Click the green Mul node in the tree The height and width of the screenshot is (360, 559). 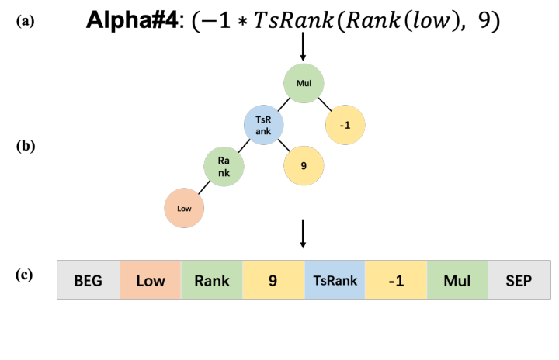point(304,82)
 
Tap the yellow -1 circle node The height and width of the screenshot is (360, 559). point(345,125)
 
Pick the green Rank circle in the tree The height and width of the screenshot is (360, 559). point(224,166)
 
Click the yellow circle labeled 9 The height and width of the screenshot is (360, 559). point(304,166)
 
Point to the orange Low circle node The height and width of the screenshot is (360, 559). point(184,208)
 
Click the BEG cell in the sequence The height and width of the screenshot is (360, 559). point(89,280)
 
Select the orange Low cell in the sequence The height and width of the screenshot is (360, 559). point(151,280)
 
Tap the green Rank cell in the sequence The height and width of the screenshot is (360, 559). point(212,280)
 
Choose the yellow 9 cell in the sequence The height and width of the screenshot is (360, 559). point(273,280)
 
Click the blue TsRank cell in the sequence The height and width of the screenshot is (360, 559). point(335,280)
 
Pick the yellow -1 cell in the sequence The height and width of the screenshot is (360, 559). point(396,280)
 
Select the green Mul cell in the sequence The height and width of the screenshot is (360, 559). point(457,280)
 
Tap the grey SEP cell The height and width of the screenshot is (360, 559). point(519,280)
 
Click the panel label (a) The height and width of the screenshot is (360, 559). point(25,22)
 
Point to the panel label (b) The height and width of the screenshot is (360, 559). point(25,145)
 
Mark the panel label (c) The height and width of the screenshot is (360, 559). point(25,274)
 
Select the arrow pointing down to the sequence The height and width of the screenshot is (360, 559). point(303,235)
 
